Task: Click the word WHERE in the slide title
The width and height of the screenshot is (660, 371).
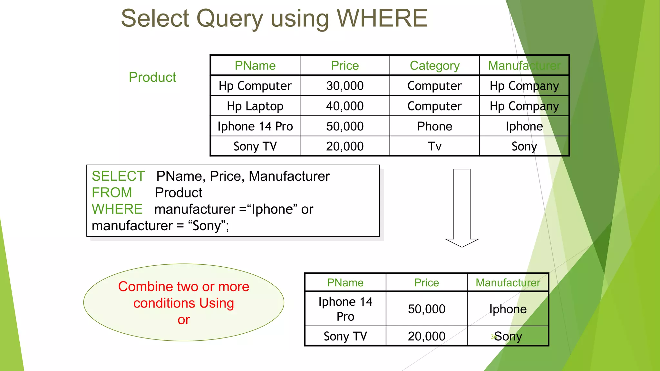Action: point(382,18)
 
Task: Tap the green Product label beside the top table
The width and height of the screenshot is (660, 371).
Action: point(152,77)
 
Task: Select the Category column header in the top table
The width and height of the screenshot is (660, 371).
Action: point(434,66)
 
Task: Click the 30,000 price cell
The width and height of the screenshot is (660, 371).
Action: point(345,86)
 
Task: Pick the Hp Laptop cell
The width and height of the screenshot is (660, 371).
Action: point(255,106)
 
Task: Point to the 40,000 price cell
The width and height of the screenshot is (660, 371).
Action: point(345,106)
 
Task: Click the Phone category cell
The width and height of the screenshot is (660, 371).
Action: point(434,126)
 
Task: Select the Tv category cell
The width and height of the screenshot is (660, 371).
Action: point(434,147)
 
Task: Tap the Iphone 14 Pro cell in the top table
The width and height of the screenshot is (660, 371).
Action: point(255,126)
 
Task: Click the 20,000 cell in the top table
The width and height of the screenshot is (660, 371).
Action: point(345,147)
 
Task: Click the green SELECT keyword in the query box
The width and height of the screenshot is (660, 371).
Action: point(118,176)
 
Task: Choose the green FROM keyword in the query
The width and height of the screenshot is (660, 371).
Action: point(112,193)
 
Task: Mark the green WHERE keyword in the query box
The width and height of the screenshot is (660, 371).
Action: point(117,209)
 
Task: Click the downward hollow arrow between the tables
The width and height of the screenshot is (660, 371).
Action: point(462,208)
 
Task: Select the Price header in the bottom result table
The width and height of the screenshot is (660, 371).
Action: point(426,283)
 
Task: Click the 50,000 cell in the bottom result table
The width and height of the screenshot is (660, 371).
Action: point(426,309)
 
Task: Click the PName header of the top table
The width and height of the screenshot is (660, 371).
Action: point(255,66)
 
